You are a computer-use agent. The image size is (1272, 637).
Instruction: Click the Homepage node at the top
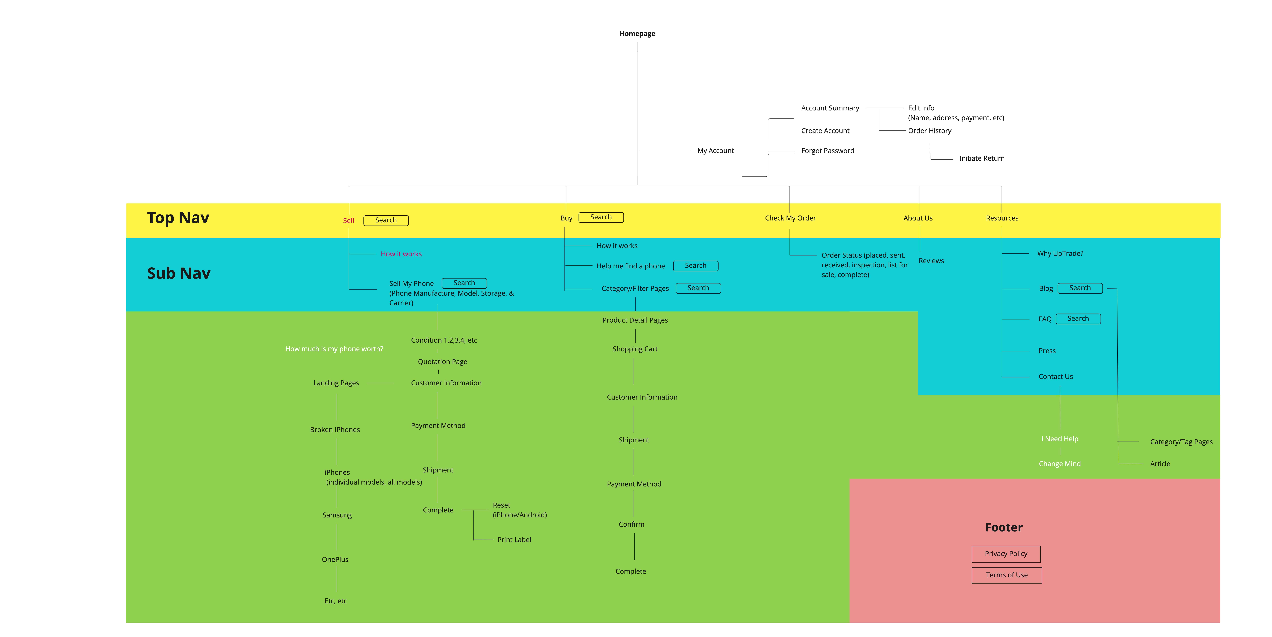pos(637,34)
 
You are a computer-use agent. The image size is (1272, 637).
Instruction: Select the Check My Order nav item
pos(790,218)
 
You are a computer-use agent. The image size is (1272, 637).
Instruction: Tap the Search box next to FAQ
pos(1078,319)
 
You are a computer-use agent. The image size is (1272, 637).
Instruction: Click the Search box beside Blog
pos(1080,288)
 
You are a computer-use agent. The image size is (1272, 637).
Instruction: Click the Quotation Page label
pos(442,362)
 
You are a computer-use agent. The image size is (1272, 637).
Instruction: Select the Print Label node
pos(514,540)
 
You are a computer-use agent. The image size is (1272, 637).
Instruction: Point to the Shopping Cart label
pos(635,349)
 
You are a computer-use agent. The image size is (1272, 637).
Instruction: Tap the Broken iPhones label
pos(335,430)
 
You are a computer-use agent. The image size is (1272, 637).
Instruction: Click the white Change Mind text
pos(1060,464)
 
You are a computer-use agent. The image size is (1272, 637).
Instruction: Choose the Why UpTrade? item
pos(1060,254)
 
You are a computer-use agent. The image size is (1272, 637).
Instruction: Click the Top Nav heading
pos(178,218)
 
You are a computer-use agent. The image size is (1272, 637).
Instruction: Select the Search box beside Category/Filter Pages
pos(698,288)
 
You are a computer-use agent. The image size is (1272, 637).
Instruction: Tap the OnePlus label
pos(335,559)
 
